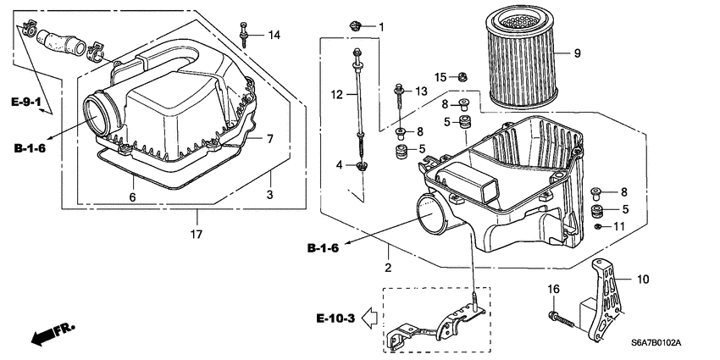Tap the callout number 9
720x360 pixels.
pos(577,53)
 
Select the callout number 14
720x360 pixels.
pos(274,35)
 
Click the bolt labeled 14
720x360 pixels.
pos(245,34)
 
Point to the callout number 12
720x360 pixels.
pos(336,95)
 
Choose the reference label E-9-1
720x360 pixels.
pos(27,102)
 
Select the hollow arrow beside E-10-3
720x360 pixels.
pos(369,318)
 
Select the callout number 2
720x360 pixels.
pos(388,269)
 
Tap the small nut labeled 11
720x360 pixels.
pos(598,226)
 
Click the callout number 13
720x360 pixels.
pos(421,91)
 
